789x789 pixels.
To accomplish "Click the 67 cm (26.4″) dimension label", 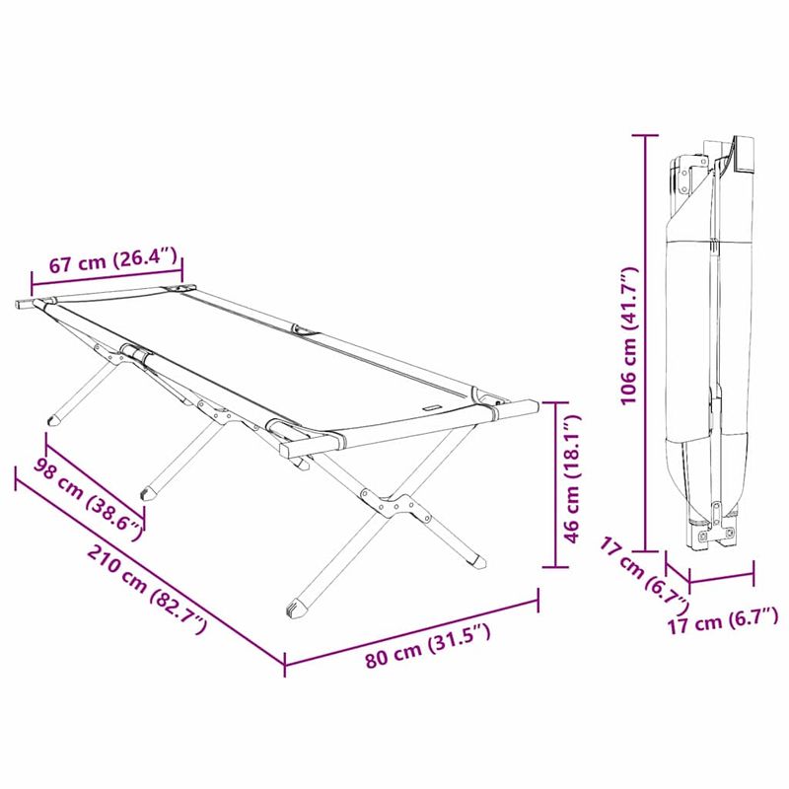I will tap(114, 261).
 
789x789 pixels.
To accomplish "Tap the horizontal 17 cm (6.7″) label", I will tap(723, 619).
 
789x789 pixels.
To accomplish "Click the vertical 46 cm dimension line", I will tap(558, 483).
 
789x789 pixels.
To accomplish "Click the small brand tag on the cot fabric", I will tap(431, 406).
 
